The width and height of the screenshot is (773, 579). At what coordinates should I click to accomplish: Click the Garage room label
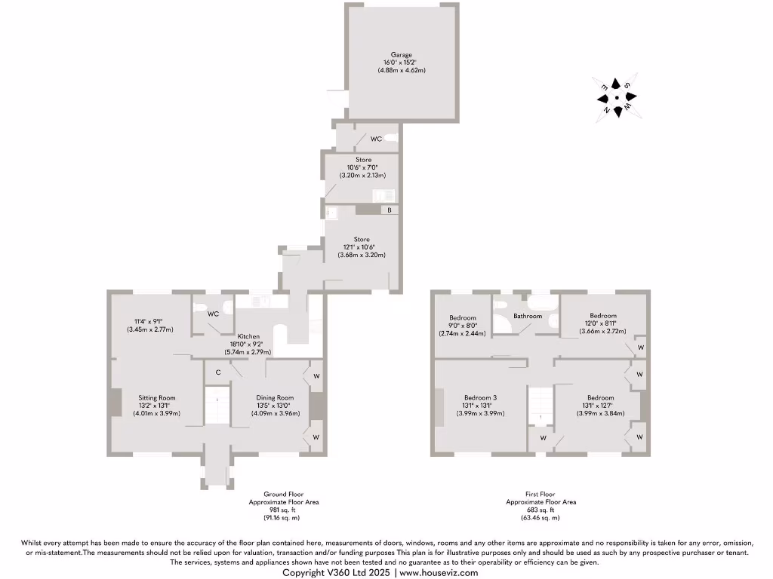[402, 55]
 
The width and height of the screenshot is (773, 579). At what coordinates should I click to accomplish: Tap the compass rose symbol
[617, 96]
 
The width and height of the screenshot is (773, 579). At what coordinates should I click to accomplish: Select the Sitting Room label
[156, 397]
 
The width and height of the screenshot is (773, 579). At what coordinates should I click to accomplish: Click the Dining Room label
[275, 397]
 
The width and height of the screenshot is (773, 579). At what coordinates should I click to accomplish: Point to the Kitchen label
[249, 335]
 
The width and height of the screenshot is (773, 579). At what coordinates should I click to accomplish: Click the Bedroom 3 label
[480, 397]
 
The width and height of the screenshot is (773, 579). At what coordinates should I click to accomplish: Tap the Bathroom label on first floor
[528, 316]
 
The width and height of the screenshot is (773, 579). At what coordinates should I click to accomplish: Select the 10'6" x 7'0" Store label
[364, 160]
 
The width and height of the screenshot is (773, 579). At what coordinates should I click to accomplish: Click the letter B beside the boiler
[390, 210]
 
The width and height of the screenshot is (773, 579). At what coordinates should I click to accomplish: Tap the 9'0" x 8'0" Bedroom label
[460, 316]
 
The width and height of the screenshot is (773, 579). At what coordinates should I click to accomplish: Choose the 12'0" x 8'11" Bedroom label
[603, 316]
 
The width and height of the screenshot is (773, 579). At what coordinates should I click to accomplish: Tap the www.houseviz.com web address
[439, 573]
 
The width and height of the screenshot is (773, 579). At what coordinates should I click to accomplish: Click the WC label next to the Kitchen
[213, 314]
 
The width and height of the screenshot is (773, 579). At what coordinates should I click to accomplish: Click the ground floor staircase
[217, 407]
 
